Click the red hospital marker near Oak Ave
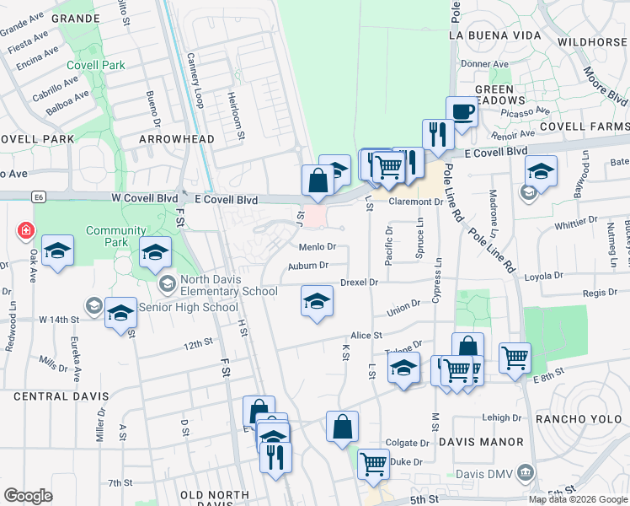(26, 230)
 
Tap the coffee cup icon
(461, 111)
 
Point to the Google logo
(29, 495)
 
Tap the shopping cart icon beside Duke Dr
(373, 462)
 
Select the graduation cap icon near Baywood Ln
(541, 170)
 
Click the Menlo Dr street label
(318, 247)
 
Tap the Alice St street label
(366, 335)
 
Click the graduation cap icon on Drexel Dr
(316, 301)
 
